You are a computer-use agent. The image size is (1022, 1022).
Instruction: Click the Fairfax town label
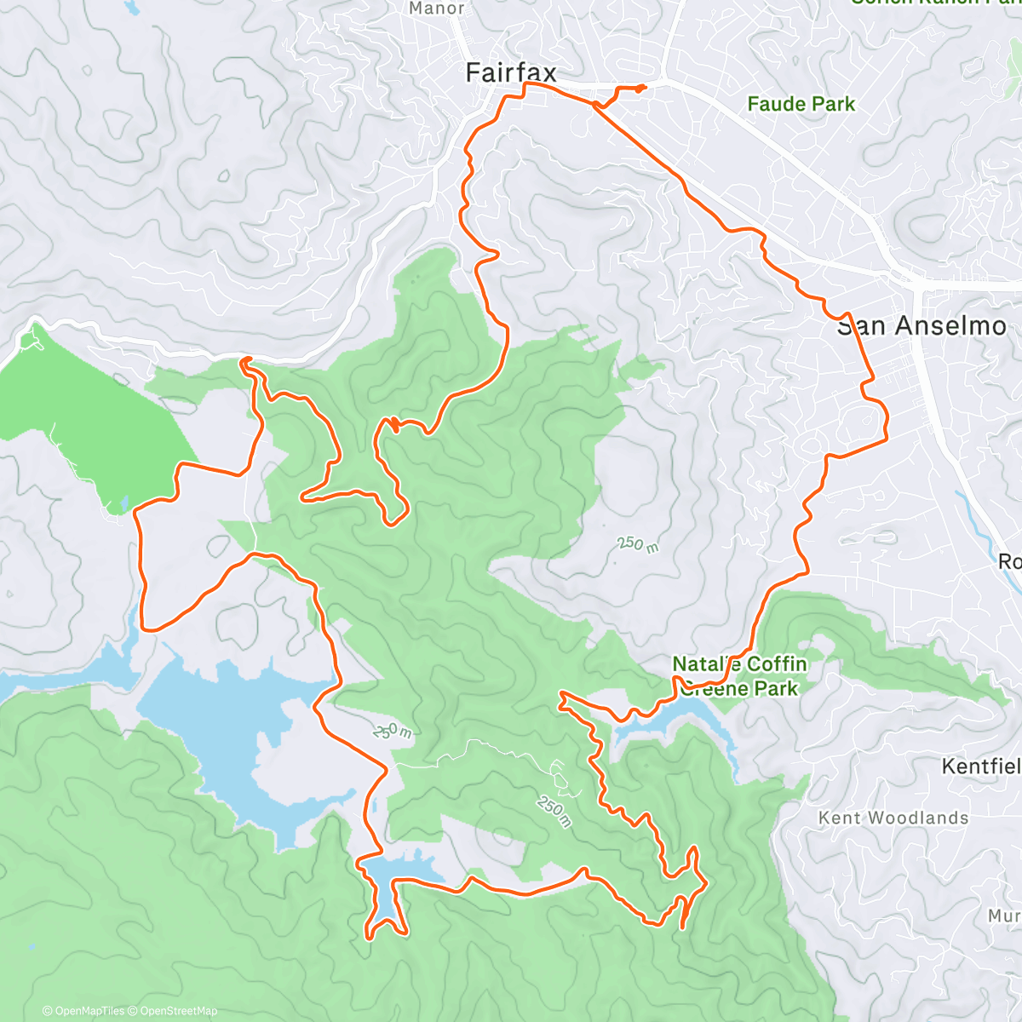point(511,73)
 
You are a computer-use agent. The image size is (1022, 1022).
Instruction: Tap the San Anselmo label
point(922,326)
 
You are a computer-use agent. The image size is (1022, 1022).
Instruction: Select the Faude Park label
point(801,104)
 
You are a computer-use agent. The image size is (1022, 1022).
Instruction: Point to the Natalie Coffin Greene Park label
point(739,676)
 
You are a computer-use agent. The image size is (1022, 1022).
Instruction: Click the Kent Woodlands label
point(893,818)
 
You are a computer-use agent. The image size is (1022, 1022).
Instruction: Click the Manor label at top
point(437,9)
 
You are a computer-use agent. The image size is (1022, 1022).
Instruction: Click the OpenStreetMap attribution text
point(178,1011)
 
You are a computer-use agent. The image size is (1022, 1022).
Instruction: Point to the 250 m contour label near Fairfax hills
point(638,543)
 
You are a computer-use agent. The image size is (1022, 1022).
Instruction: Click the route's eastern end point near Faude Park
point(644,87)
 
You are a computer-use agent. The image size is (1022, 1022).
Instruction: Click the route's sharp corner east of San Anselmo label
point(887,439)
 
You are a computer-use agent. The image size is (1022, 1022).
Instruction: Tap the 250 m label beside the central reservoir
point(392,731)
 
